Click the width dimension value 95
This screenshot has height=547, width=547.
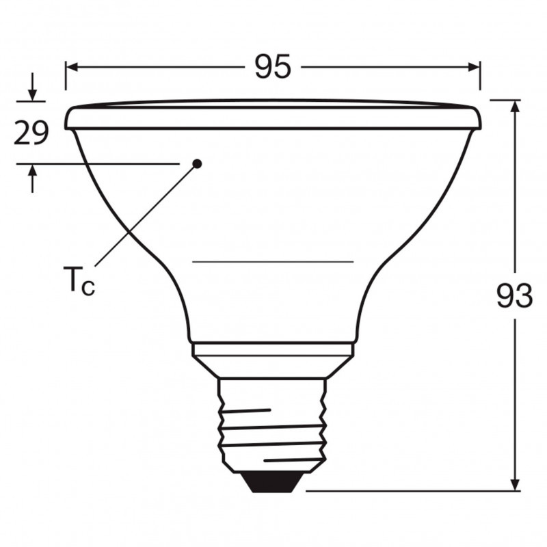tap(273, 66)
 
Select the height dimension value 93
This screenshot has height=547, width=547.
tap(515, 295)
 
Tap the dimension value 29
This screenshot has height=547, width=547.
tap(31, 133)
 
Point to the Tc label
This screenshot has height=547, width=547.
tap(79, 280)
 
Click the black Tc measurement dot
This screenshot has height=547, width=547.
tap(197, 163)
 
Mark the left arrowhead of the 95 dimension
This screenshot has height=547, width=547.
tap(72, 67)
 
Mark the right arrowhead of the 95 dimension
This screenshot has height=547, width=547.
tap(474, 67)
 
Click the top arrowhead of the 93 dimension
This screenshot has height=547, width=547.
tap(516, 106)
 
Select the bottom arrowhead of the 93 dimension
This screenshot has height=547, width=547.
tap(516, 485)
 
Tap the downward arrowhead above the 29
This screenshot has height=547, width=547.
tap(32, 95)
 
